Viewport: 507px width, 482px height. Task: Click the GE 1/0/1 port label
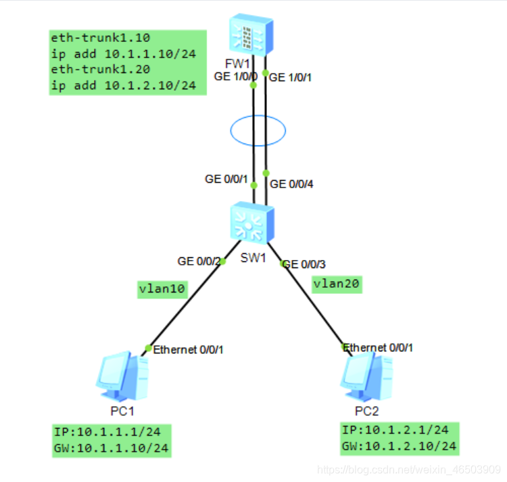(290, 78)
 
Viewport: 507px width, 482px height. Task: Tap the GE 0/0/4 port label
(291, 183)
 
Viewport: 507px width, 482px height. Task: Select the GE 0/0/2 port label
(199, 261)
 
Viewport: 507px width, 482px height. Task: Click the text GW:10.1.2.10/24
(400, 446)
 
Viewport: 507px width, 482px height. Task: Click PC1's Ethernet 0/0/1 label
(188, 350)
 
